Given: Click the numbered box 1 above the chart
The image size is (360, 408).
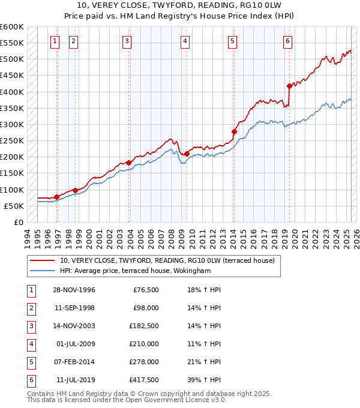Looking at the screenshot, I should [x=55, y=41].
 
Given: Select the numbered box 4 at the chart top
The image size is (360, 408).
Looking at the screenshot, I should [x=185, y=41].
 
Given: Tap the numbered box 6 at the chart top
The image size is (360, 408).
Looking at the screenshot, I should [x=288, y=41].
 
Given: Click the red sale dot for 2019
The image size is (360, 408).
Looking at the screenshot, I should [x=289, y=86].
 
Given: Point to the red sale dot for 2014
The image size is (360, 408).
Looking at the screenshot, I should [x=234, y=131].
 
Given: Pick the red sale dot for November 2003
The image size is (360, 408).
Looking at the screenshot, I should [x=128, y=163].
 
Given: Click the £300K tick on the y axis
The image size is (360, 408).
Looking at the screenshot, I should [x=11, y=125].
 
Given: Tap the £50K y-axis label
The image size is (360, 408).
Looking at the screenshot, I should [x=14, y=206].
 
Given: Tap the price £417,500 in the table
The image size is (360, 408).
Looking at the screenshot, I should [x=144, y=380].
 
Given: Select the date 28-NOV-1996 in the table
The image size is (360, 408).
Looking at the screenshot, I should [x=74, y=290].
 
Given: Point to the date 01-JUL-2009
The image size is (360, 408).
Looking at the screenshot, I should [x=76, y=344].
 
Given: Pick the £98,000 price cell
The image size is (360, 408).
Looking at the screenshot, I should [x=146, y=308].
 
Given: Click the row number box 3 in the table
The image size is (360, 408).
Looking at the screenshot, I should [x=30, y=326].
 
